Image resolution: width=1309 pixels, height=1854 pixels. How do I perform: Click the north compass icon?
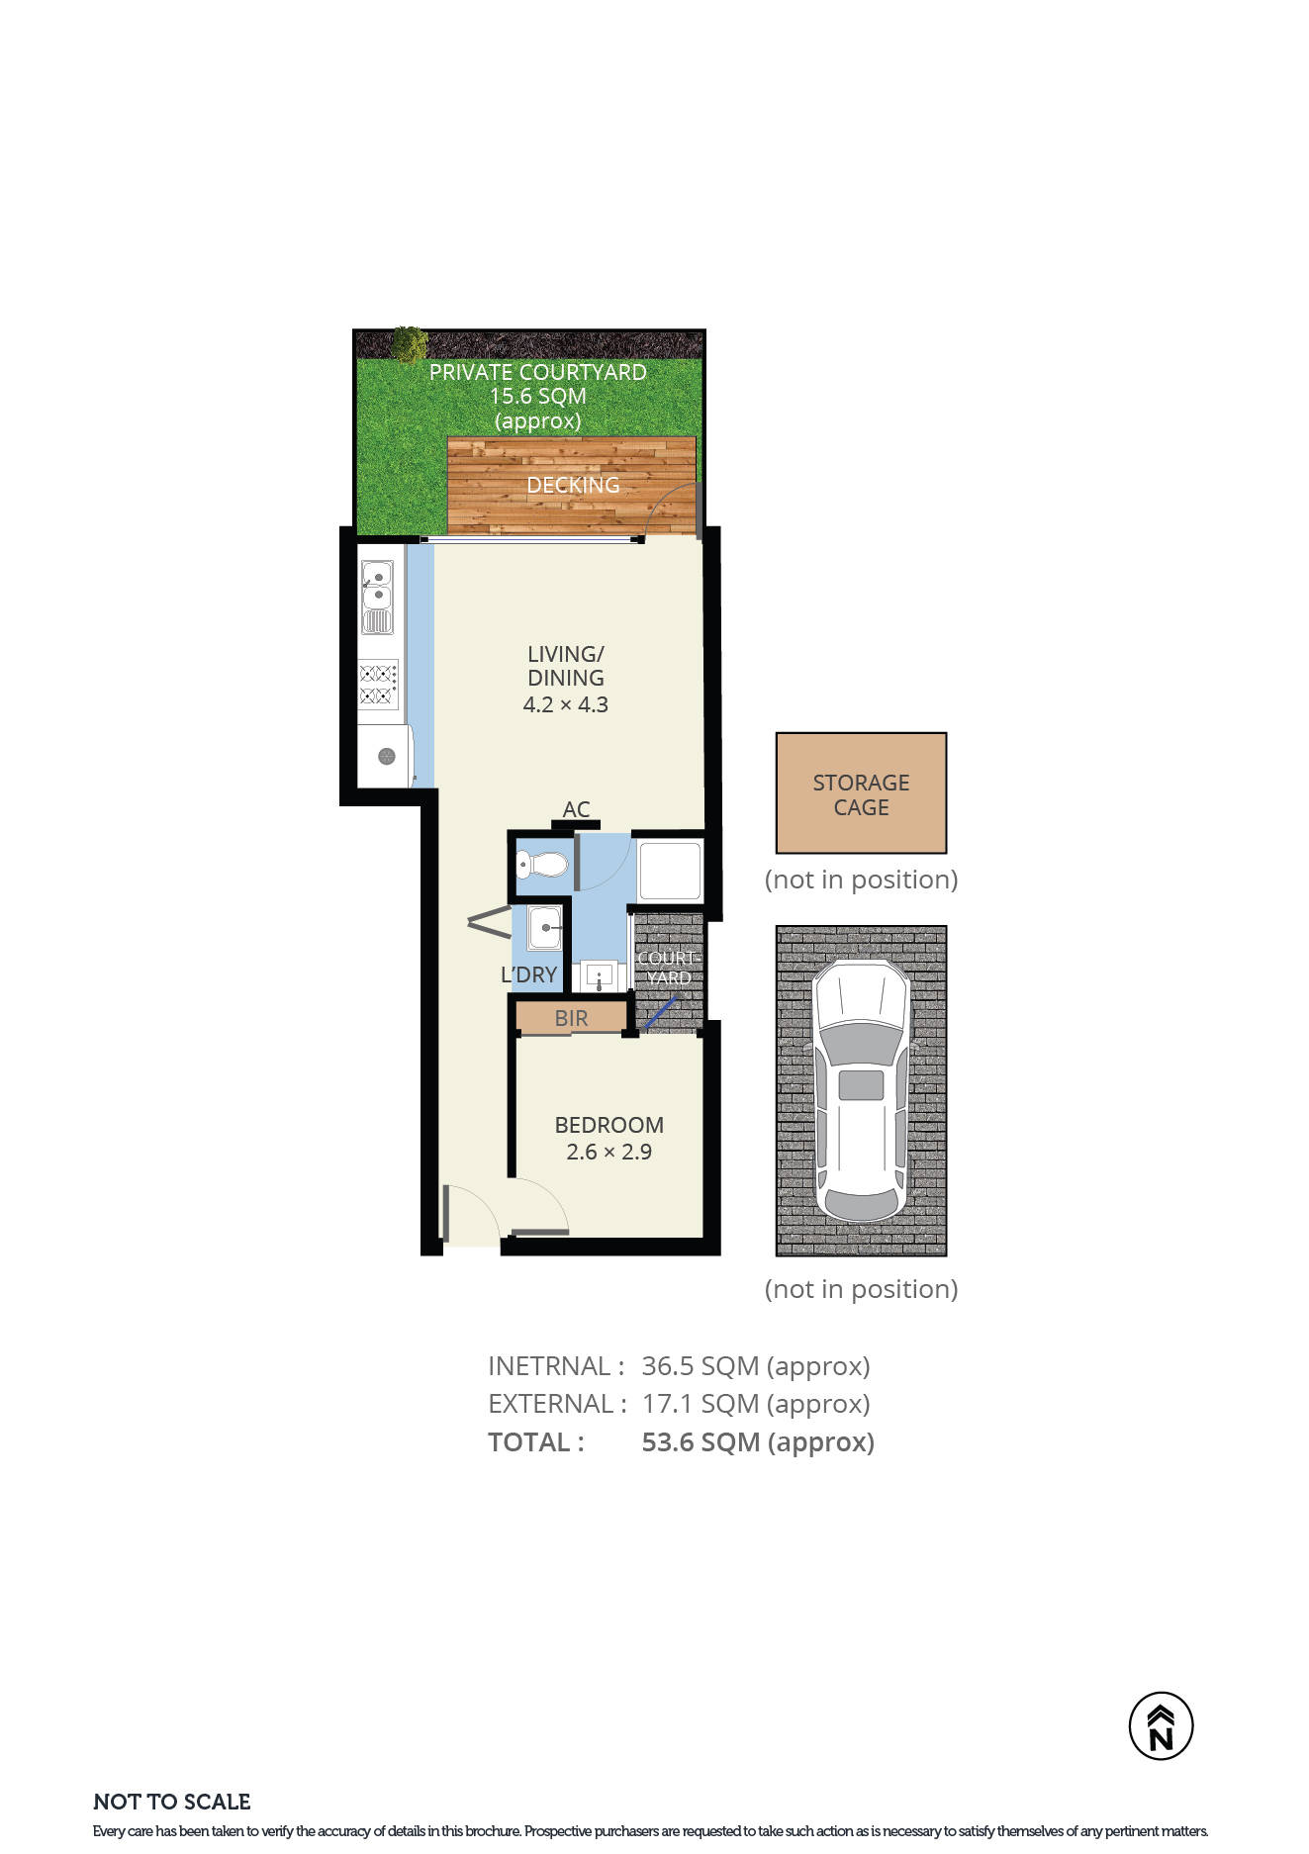point(1161,1725)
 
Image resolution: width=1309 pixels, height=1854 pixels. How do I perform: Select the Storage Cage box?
point(861,792)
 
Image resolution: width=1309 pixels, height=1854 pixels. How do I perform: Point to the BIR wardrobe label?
point(571,1018)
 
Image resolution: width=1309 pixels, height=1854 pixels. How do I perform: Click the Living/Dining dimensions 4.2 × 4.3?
point(565,704)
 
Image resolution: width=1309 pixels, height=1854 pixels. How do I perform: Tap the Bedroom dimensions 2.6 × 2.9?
point(608,1152)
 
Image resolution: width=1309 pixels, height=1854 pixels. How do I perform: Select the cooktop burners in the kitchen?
point(377,685)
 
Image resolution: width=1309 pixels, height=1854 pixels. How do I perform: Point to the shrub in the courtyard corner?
point(408,344)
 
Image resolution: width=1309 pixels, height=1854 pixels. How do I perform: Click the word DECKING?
point(573,485)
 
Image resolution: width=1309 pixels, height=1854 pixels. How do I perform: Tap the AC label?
point(576,809)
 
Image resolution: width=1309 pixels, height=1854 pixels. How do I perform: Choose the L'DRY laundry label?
point(528,974)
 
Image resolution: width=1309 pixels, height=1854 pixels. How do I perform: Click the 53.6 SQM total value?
point(758,1441)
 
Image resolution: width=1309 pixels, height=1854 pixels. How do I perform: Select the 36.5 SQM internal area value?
point(756,1365)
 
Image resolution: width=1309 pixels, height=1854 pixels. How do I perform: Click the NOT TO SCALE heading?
point(172,1802)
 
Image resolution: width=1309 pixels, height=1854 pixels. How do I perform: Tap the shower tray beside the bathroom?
point(670,870)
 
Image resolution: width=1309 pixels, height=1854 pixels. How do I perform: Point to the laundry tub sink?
point(545,929)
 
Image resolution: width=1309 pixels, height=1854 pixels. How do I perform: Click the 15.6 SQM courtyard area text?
point(538,396)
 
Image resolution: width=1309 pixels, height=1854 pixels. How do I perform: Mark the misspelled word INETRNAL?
point(549,1365)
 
